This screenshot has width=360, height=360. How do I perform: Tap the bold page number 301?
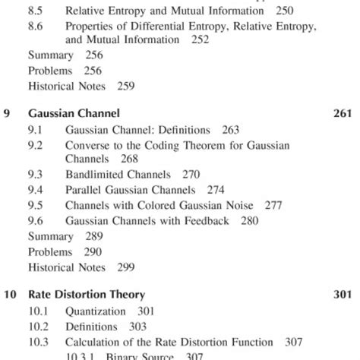point(343,294)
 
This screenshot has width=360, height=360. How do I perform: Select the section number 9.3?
point(36,174)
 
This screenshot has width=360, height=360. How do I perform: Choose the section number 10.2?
point(39,326)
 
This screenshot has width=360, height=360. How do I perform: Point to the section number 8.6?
point(36,27)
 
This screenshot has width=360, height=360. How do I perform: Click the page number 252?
point(201,39)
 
